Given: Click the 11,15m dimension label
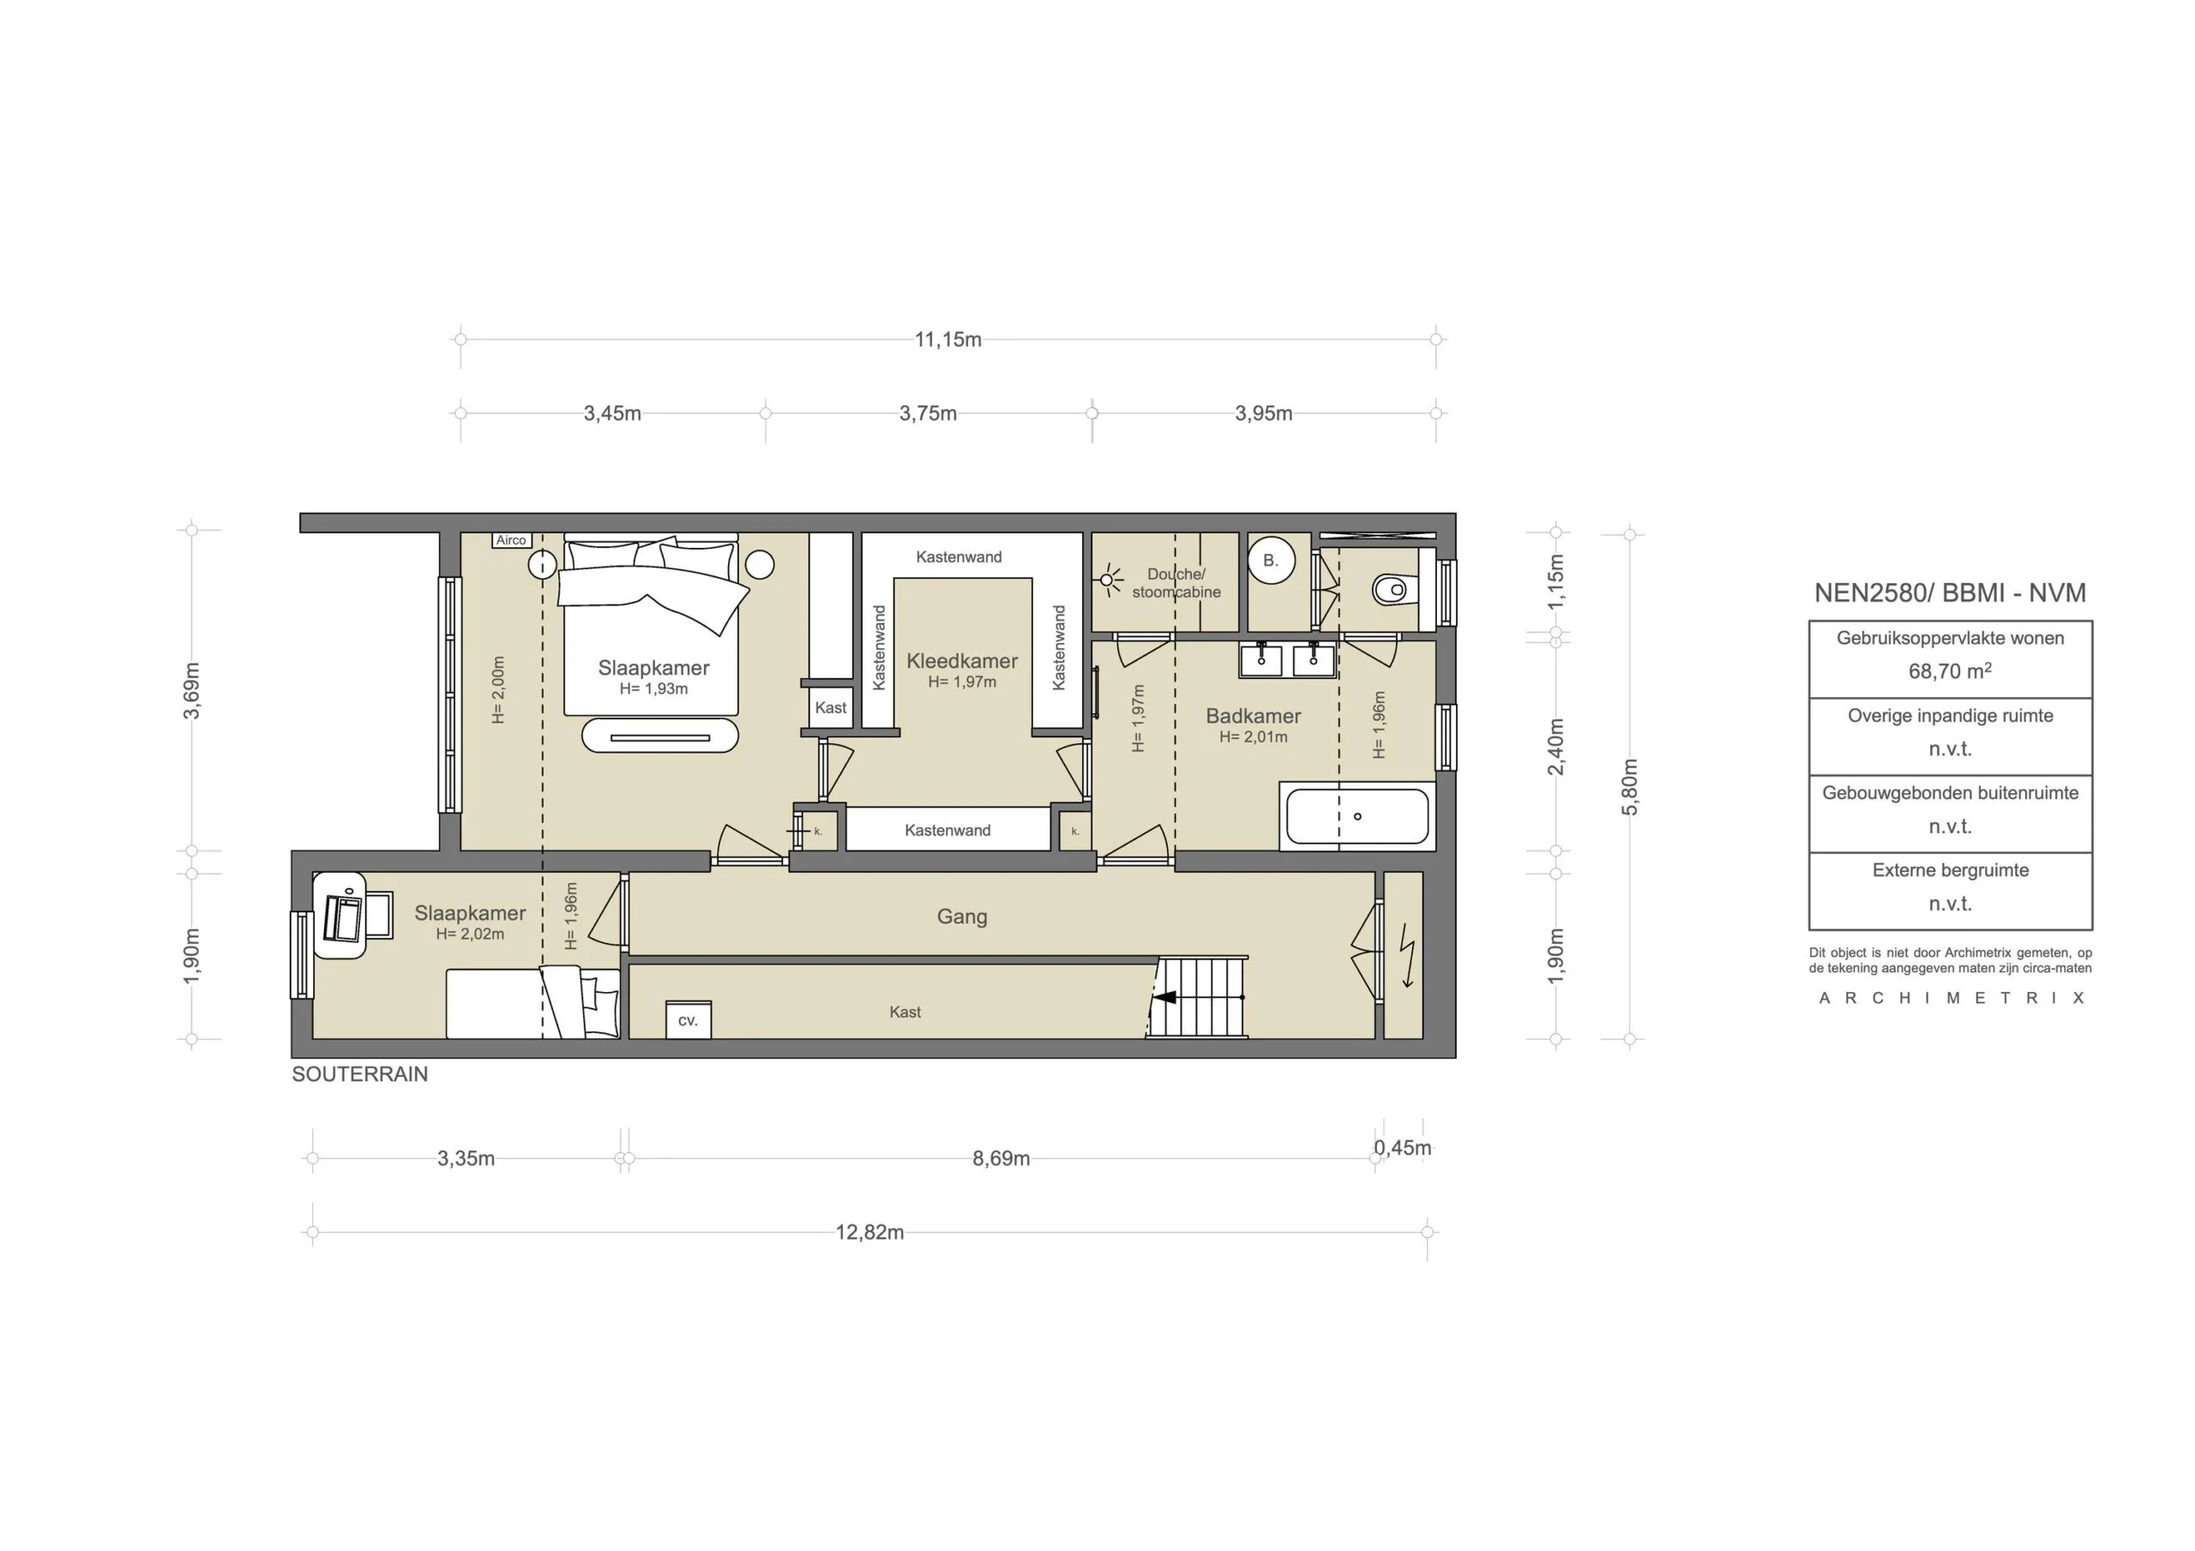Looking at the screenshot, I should click(947, 340).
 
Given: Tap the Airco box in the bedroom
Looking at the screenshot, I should click(510, 540).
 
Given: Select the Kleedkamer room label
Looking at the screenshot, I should click(962, 661).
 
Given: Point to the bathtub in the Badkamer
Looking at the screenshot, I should click(1356, 816).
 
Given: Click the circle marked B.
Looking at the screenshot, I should click(1271, 562).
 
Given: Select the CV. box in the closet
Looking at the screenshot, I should click(689, 1021).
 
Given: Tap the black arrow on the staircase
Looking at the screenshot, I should click(1164, 997).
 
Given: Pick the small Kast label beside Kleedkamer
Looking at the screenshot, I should click(830, 707).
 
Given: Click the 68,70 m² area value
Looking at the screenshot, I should click(1949, 671).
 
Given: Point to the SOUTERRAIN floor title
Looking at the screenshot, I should click(359, 1075).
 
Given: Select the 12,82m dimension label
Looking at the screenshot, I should click(869, 1233).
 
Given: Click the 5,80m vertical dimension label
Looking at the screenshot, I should click(1630, 786).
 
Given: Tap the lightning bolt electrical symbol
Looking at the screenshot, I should click(1406, 956).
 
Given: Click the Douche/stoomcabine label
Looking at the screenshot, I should click(1176, 583).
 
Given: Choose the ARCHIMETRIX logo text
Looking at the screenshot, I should click(1951, 998).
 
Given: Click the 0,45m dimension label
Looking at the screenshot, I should click(1403, 1148).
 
